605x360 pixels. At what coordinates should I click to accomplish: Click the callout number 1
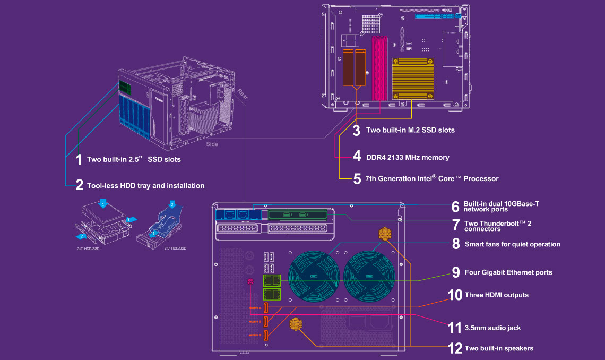point(78,159)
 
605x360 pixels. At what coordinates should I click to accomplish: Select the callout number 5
point(357,178)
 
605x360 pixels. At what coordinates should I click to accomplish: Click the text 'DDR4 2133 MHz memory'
point(408,157)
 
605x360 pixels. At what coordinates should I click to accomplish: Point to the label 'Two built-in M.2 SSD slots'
point(410,130)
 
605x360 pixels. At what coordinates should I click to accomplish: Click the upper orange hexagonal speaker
point(385,234)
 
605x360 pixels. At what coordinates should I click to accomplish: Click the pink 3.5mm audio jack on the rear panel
point(251,282)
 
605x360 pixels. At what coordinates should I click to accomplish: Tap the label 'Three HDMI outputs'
point(496,295)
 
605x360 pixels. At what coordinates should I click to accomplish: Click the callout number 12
point(455,348)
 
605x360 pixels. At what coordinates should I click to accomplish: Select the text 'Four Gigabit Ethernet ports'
point(508,272)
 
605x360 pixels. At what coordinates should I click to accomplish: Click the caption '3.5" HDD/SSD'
point(88,248)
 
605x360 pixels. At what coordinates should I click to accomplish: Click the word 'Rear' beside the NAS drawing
point(243,94)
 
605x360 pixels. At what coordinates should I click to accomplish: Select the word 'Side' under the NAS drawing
point(212,144)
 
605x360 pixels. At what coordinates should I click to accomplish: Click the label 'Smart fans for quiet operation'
point(512,244)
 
